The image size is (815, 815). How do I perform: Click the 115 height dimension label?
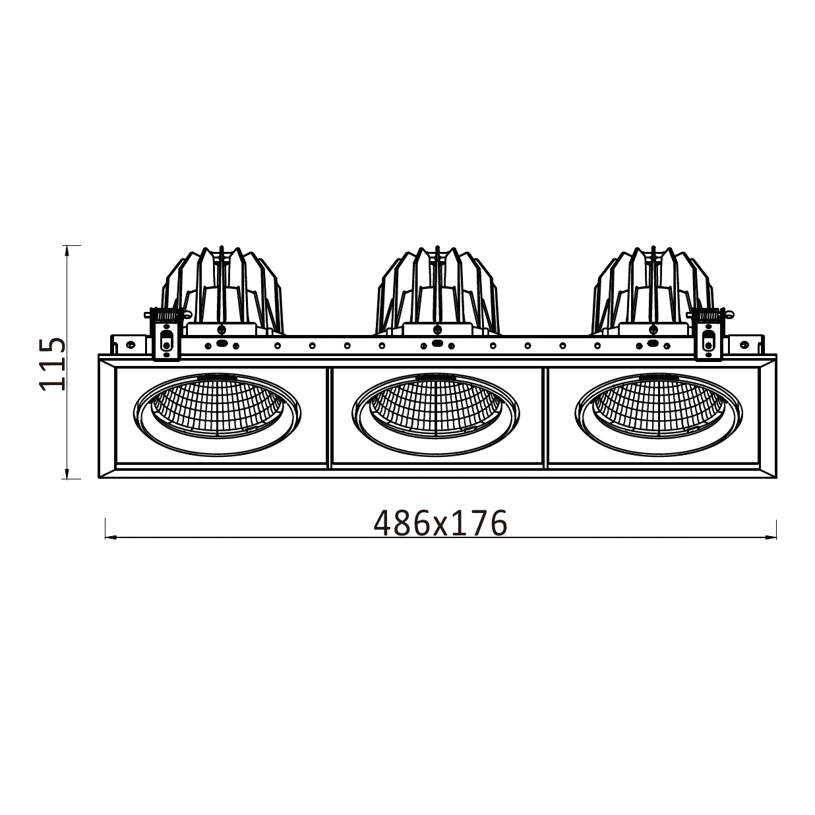(x=53, y=364)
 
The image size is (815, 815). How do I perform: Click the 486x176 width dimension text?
(x=440, y=523)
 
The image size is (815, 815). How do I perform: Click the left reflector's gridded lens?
(x=217, y=406)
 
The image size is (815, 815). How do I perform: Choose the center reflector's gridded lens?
(x=436, y=406)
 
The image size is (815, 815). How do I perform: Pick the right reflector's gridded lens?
(x=659, y=406)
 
